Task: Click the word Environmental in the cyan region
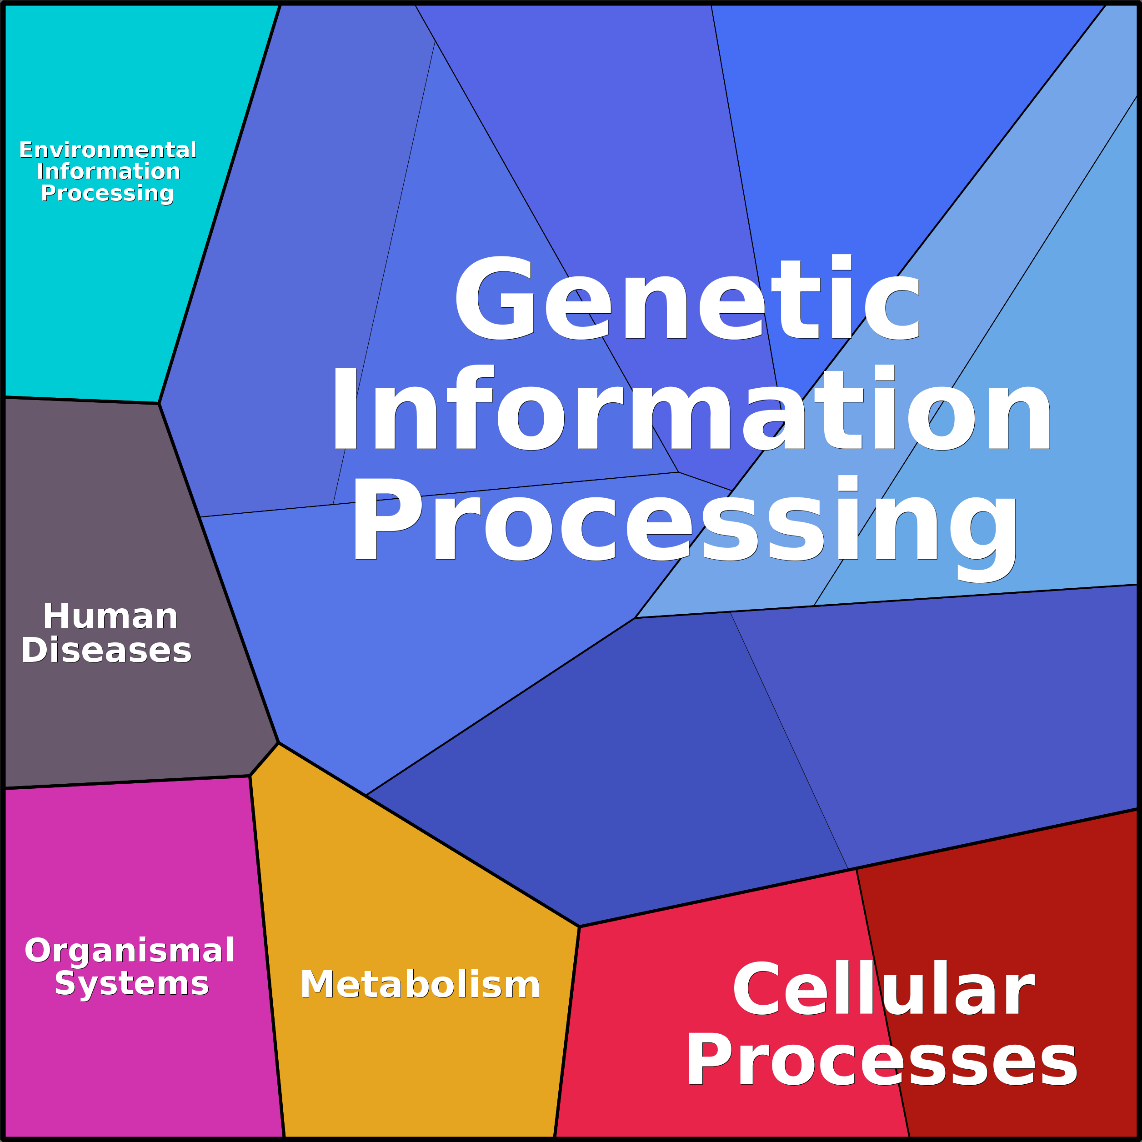(x=108, y=150)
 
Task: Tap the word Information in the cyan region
(x=108, y=171)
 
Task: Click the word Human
(x=110, y=616)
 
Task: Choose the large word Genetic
(x=687, y=299)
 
